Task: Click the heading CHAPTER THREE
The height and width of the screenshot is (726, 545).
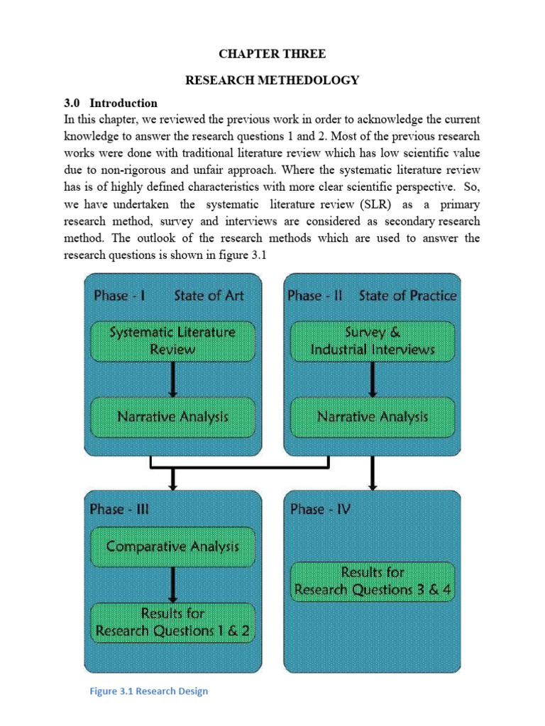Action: tap(272, 55)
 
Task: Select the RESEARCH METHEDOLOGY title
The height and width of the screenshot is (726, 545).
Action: tap(272, 80)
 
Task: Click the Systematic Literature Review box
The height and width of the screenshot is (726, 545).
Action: tap(172, 340)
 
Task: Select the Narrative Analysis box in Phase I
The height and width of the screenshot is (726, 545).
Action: tap(172, 416)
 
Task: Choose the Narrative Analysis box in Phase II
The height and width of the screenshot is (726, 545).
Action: tap(373, 416)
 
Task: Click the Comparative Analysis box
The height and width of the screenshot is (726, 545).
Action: tap(172, 546)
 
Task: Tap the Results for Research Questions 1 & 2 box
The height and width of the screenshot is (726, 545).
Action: tap(172, 622)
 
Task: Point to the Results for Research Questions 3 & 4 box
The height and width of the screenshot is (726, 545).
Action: tap(373, 581)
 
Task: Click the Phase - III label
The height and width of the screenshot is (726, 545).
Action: tap(119, 509)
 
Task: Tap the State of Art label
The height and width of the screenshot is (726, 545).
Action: tap(209, 296)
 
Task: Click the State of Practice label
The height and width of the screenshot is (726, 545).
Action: tap(408, 296)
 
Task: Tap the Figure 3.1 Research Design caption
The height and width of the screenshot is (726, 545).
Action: tap(148, 691)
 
